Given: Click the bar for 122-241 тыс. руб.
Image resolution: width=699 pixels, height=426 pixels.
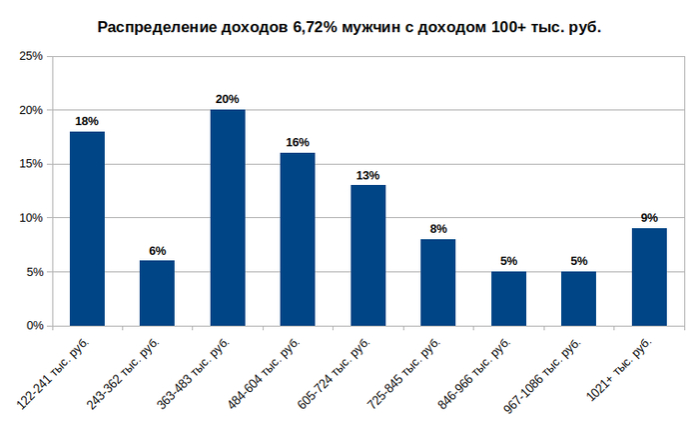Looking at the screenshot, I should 87,228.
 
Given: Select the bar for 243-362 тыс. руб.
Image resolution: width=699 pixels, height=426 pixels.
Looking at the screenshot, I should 157,293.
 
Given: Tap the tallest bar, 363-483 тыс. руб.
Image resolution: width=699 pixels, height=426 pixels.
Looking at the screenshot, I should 228,217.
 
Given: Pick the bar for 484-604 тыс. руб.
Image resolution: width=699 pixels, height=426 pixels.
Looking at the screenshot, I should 298,239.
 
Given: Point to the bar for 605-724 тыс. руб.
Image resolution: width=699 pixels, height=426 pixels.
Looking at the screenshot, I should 367,255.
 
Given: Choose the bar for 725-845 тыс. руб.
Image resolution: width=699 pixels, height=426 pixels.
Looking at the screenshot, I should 437,282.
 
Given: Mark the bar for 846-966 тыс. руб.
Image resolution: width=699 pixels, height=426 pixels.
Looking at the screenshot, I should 508,298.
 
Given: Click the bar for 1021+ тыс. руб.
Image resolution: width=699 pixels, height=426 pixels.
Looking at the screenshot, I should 649,277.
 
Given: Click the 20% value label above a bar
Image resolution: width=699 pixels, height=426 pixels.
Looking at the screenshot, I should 228,99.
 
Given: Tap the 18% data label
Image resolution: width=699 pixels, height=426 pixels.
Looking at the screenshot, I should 87,121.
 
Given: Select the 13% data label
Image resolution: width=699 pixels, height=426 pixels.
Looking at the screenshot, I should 367,175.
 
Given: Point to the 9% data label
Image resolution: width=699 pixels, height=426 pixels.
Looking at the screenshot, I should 649,218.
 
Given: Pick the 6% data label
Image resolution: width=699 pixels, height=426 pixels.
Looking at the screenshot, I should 157,250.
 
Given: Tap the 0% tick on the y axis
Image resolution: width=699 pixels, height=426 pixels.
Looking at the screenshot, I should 34,326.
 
